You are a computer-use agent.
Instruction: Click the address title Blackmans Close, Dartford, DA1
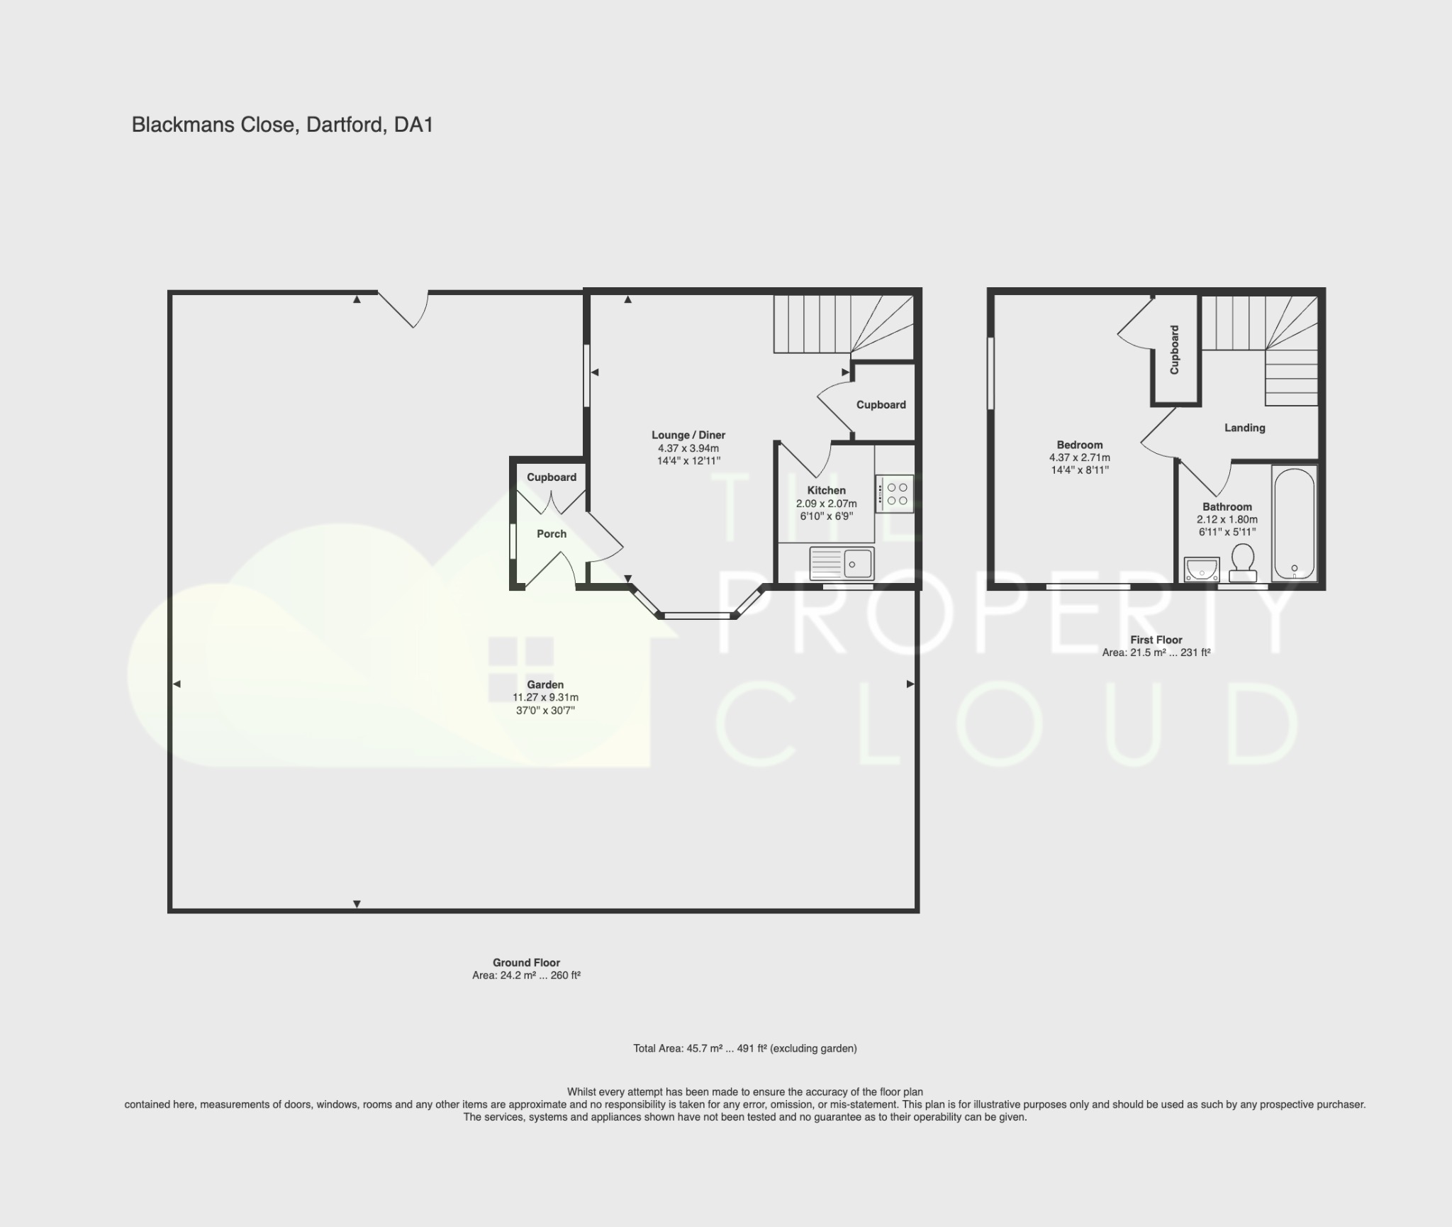pos(282,125)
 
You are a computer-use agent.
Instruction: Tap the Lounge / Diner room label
pos(688,435)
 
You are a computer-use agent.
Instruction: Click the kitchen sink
pos(842,564)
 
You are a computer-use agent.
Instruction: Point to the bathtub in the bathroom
pos(1294,523)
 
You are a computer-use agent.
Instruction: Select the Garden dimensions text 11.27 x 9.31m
pos(545,697)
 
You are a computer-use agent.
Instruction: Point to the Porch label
pos(552,533)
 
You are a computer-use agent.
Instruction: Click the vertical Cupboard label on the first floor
pos(1175,350)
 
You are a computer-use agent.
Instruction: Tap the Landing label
pos(1244,428)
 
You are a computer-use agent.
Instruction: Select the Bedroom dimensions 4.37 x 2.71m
pos(1080,457)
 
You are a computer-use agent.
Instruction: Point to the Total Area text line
pos(744,1048)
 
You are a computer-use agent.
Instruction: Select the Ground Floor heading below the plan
pos(526,962)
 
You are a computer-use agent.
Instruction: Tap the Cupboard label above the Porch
pos(552,477)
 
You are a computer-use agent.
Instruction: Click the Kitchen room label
pos(826,490)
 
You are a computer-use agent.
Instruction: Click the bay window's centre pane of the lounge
pos(698,616)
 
